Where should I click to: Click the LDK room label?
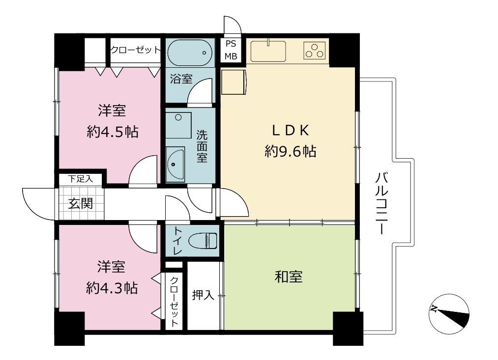pos(290,130)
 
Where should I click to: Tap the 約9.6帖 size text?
pos(290,151)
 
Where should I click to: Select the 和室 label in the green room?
pos(289,277)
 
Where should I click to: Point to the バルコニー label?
pos(381,203)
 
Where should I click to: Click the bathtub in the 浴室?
pos(190,53)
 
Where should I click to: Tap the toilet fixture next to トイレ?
pos(203,241)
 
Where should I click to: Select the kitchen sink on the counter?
pos(268,51)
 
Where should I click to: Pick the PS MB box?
pos(231,50)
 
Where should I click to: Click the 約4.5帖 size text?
pos(113,132)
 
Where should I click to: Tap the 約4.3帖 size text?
pos(112,288)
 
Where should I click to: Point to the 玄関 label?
pos(81,203)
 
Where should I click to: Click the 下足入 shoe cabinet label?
pos(81,179)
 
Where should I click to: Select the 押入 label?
pos(203,295)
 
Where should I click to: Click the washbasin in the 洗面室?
pos(175,165)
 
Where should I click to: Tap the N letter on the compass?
pos(434,308)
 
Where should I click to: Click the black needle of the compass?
pos(453,317)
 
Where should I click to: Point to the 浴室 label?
pos(181,79)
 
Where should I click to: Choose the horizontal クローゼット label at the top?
pos(136,50)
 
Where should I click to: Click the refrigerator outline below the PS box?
pos(234,82)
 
